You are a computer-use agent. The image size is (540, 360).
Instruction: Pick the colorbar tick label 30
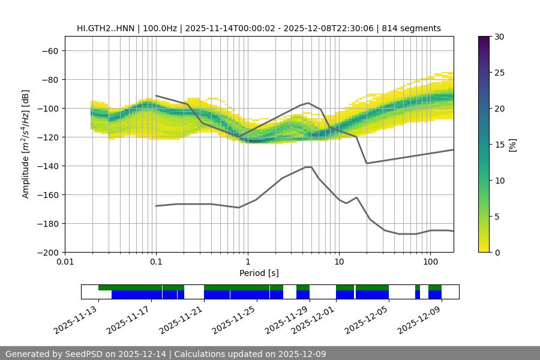pyautogui.click(x=499, y=37)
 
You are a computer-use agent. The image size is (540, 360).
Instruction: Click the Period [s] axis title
pyautogui.click(x=259, y=273)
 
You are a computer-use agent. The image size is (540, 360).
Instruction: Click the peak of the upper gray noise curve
pyautogui.click(x=308, y=103)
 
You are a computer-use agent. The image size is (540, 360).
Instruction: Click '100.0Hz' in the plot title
pyautogui.click(x=161, y=28)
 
